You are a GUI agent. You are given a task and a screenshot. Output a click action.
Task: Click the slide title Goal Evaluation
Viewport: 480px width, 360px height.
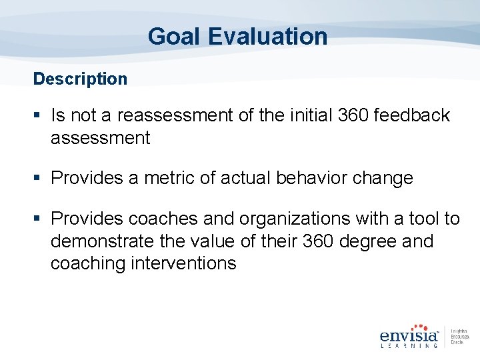[237, 36]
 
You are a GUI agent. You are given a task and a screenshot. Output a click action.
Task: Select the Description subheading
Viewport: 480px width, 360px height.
[80, 79]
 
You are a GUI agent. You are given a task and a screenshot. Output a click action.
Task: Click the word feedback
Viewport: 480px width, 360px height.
[412, 115]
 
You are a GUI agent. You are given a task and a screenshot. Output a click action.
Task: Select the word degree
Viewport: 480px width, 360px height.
[365, 241]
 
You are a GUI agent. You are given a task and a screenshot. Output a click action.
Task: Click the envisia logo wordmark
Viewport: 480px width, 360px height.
[408, 335]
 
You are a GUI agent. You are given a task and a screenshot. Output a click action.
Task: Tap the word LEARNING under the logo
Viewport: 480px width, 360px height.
[408, 345]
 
